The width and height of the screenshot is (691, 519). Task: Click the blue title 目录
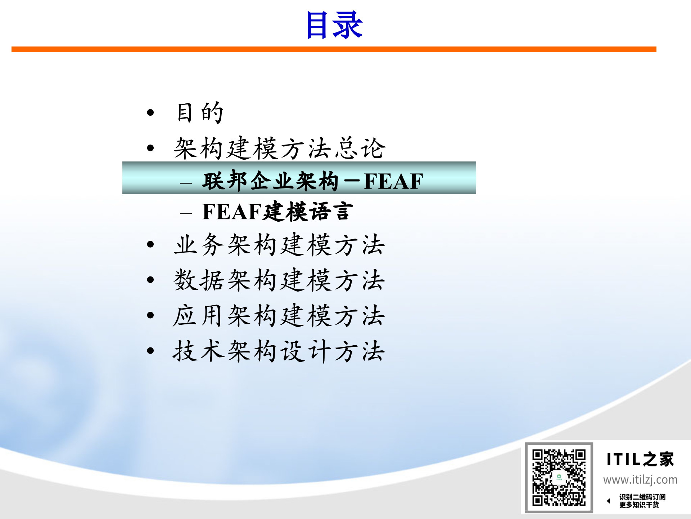[334, 25]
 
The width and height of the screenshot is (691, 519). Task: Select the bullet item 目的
[200, 113]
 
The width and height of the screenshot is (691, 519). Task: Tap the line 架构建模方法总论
[280, 148]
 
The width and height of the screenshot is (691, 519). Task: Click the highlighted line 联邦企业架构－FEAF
[312, 181]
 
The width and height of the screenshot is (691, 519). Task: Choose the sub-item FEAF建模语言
[277, 212]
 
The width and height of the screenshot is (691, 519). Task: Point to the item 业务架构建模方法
[279, 245]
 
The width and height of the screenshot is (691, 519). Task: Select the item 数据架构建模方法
[279, 280]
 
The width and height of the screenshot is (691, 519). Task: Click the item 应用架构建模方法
[279, 316]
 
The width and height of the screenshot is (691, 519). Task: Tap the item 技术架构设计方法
[279, 351]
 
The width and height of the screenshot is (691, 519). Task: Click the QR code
[559, 478]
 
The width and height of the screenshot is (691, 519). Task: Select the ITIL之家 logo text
[640, 460]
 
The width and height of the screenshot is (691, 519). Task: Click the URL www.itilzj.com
[640, 480]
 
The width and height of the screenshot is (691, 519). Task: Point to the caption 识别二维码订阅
[642, 497]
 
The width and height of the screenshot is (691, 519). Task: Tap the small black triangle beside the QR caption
[609, 501]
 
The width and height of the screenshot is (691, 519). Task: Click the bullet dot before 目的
[150, 113]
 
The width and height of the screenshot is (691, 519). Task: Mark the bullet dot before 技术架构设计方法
[150, 351]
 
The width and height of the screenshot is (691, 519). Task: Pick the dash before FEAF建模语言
[186, 213]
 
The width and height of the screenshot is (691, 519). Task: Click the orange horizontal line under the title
[334, 49]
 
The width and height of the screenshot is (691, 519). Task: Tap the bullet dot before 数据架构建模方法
[150, 280]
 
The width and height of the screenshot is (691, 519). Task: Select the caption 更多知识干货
[639, 505]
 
